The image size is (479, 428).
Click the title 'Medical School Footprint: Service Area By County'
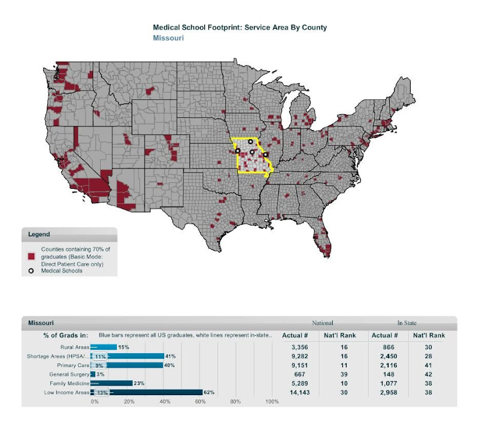tap(240, 27)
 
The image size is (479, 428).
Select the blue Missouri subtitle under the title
tap(168, 38)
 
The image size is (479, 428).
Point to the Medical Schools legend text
tap(62, 271)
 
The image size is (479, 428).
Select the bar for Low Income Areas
tap(147, 393)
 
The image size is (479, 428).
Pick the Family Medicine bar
tap(111, 383)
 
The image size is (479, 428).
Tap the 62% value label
tap(210, 393)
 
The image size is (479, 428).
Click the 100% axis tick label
tap(272, 402)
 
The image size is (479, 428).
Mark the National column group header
tap(323, 323)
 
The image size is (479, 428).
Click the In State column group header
tap(407, 323)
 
